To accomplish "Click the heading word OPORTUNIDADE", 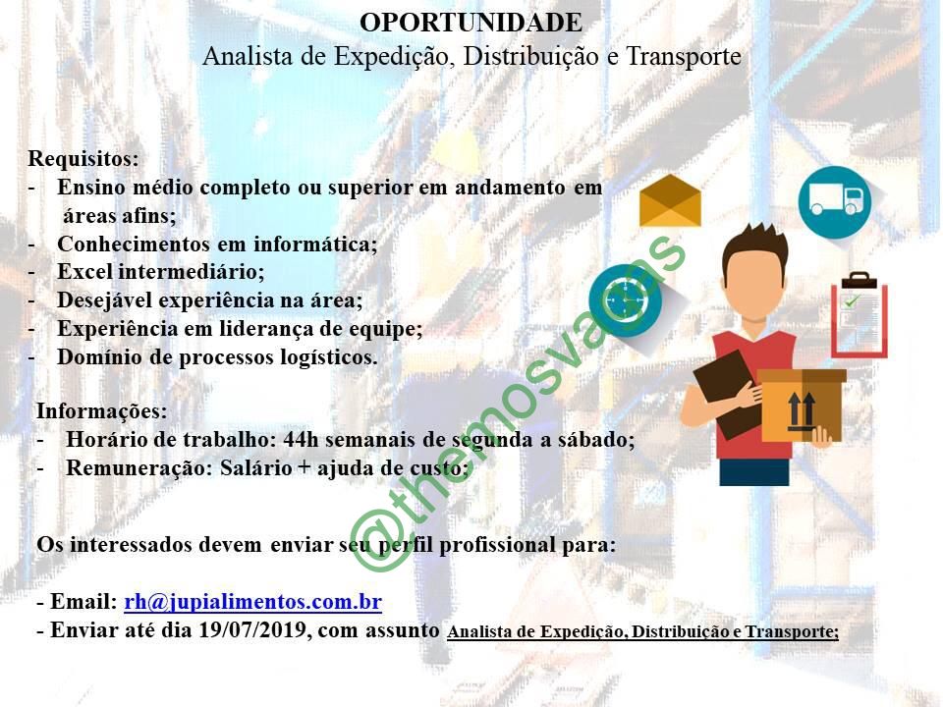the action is tap(471, 23).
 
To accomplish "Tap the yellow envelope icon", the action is tap(670, 200).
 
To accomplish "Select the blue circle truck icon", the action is tap(835, 202).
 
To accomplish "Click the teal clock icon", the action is tap(626, 300).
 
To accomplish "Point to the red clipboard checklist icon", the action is tap(859, 314).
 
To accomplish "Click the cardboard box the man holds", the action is tap(802, 405).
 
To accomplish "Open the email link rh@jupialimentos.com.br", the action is tap(253, 602).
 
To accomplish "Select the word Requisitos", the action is tap(83, 159).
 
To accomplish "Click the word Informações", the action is tap(101, 411).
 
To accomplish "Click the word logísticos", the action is tap(329, 357).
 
